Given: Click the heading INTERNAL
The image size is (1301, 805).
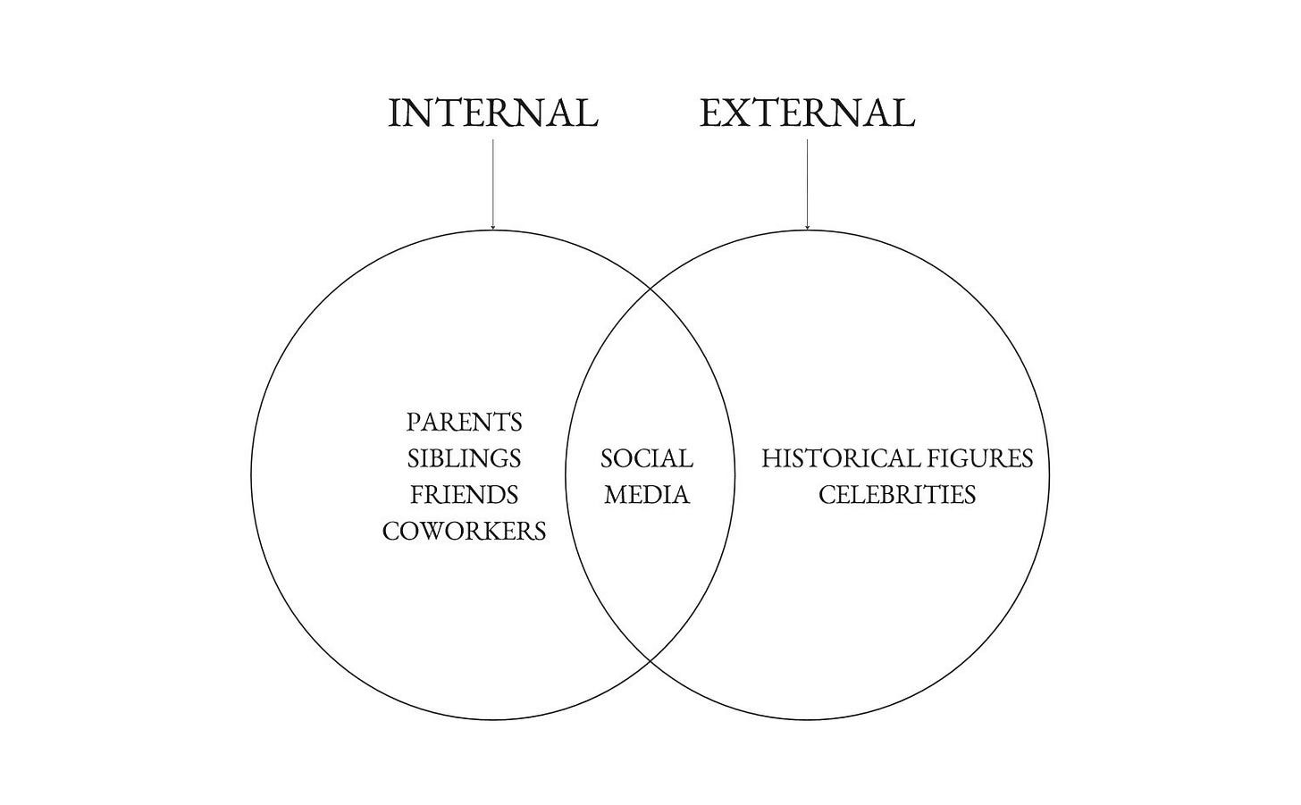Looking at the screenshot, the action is coord(493,113).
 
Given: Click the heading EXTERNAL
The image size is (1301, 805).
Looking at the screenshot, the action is coord(807,113).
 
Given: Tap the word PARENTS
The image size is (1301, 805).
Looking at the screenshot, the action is coord(465,422).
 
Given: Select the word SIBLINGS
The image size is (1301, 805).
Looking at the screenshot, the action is coord(465,458).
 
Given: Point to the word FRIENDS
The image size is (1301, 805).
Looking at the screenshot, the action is coord(465,494).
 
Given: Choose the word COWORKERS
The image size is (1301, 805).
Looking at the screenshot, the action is coord(465,531).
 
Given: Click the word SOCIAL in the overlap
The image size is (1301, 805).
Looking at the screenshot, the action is coord(647,458).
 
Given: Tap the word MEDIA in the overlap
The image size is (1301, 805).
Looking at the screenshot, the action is coord(647,494).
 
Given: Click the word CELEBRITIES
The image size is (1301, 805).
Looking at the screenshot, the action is coord(897,494).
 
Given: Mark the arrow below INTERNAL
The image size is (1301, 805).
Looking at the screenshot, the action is coord(493,183).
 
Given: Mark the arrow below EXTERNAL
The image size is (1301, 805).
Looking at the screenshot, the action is coord(807,183).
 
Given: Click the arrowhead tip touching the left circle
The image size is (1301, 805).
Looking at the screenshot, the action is coord(493,229).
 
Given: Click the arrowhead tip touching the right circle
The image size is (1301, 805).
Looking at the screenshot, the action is coord(807,229).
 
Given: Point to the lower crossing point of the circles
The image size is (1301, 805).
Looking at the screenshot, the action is coord(650,662).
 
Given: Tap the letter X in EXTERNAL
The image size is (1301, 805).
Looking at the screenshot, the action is coord(738,113).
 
